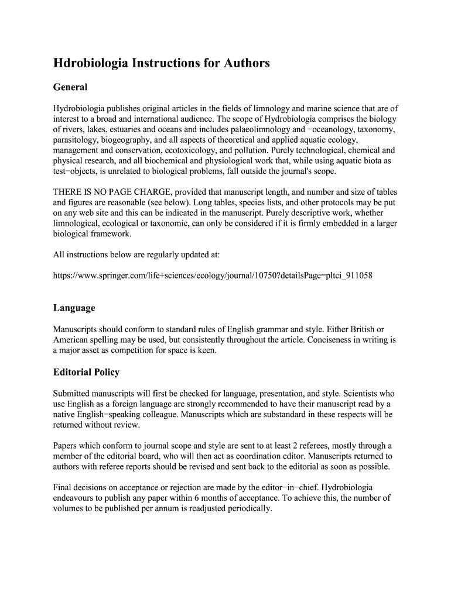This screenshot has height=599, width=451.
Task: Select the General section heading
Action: click(x=70, y=87)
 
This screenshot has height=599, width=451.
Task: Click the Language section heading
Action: click(x=74, y=308)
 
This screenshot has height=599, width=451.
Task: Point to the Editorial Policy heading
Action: click(x=86, y=372)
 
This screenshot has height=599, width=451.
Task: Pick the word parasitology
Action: click(x=76, y=140)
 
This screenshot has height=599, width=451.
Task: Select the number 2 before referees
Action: click(x=311, y=445)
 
